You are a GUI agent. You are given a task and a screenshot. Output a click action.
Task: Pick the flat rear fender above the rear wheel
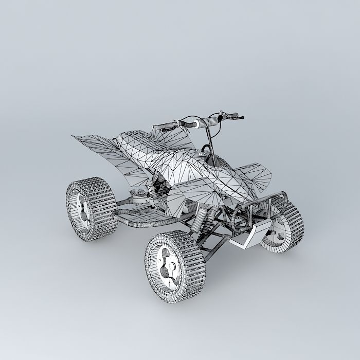pyautogui.click(x=98, y=147)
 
